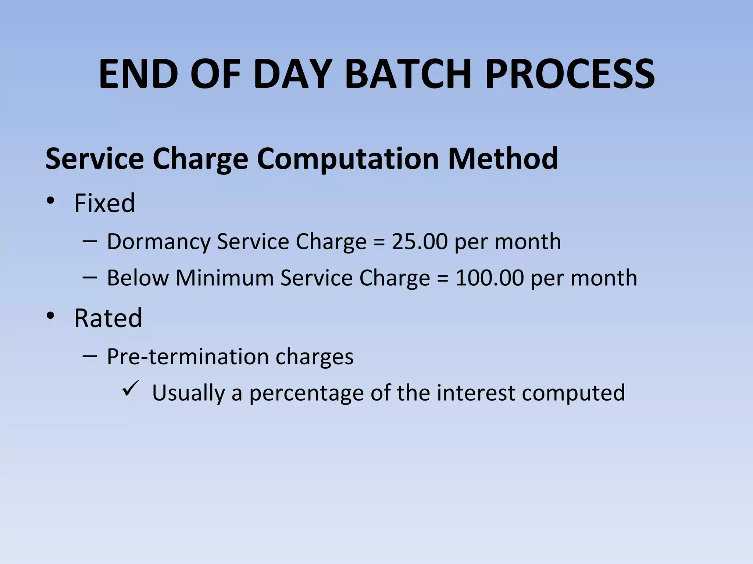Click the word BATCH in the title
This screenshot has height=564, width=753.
click(408, 74)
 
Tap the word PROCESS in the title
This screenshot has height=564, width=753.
click(570, 74)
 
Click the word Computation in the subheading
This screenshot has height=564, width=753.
click(348, 159)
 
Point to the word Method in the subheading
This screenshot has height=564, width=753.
click(503, 159)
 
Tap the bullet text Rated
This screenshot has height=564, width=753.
click(108, 318)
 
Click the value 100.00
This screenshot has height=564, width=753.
click(489, 278)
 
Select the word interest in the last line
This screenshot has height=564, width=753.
click(476, 393)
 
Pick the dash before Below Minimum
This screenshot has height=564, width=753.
click(90, 277)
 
